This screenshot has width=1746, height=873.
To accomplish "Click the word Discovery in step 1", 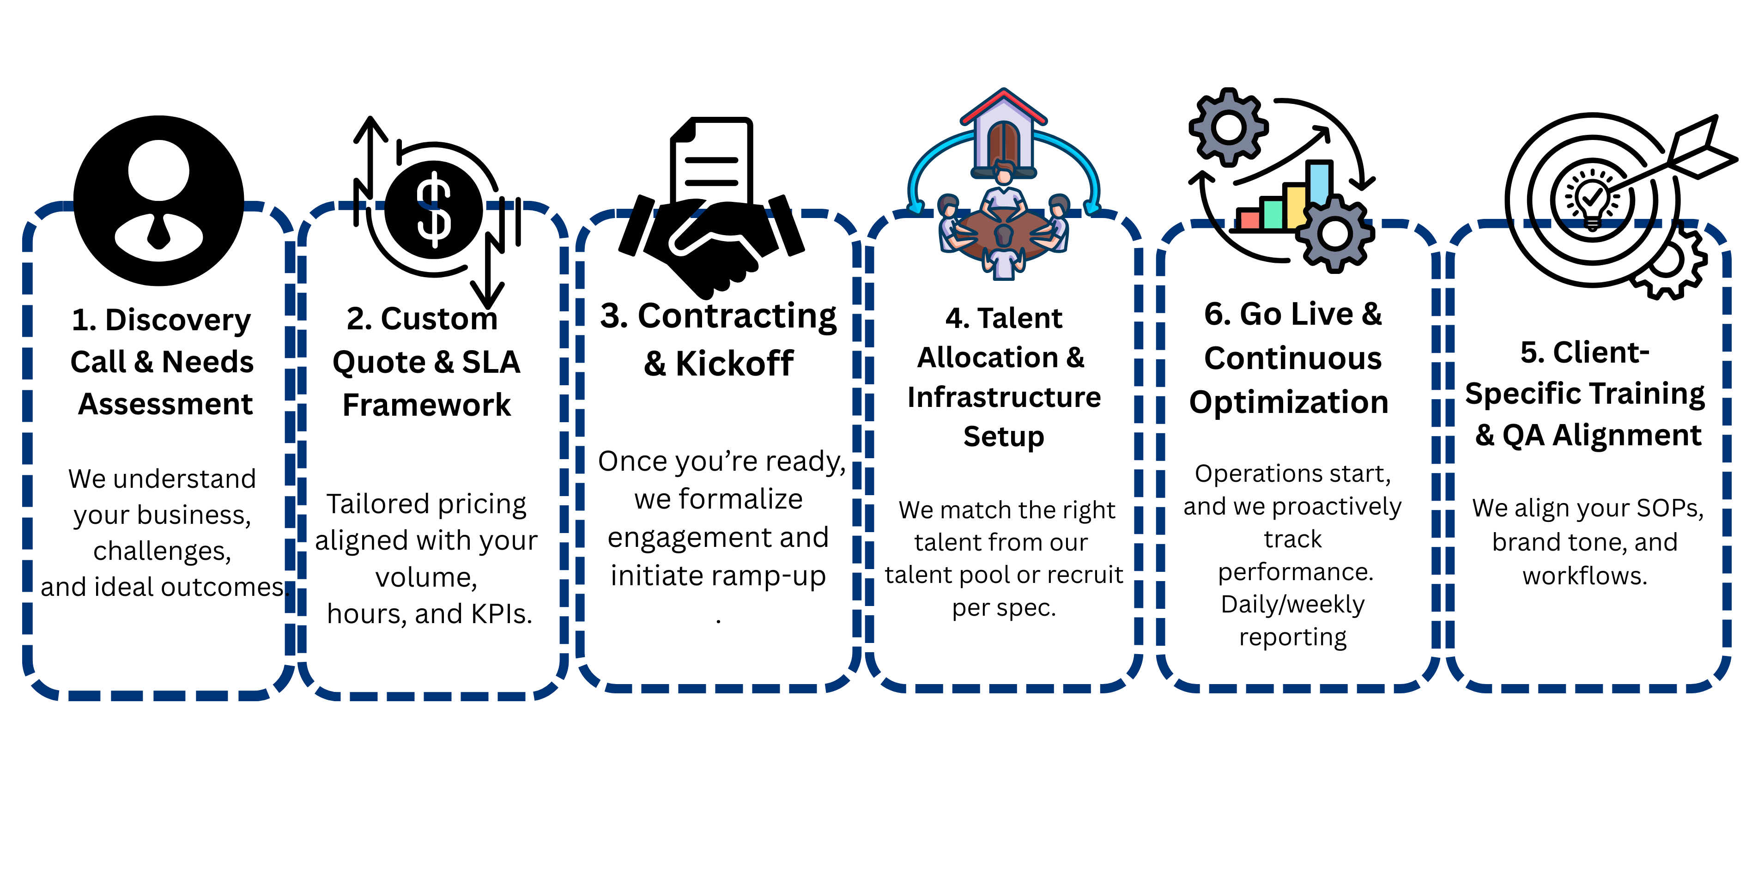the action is click(177, 321).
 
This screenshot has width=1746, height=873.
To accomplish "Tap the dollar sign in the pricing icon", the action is click(434, 210).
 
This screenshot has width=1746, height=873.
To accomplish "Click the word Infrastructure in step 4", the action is click(1004, 397).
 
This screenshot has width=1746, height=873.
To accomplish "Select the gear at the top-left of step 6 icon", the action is click(1228, 127).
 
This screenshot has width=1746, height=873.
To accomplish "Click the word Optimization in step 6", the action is click(1289, 403).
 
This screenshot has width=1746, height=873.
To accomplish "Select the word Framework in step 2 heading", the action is click(426, 406).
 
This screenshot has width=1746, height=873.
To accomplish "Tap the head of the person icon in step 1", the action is click(158, 170).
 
